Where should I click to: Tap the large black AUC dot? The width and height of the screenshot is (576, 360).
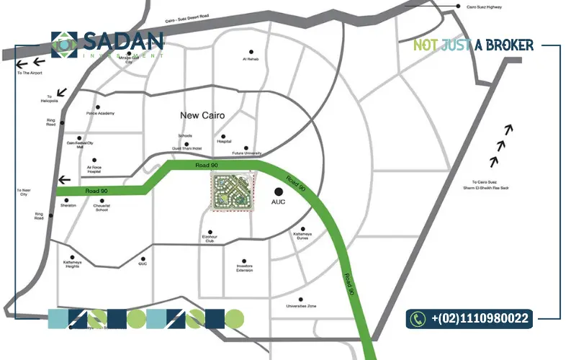(x=279, y=192)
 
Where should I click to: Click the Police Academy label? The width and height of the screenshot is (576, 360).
(x=100, y=113)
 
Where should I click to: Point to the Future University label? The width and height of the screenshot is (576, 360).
(x=247, y=153)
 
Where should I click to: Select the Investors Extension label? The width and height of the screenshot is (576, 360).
(x=245, y=269)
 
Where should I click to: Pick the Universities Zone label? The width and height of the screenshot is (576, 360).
(x=302, y=306)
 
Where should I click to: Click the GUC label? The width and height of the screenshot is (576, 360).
(x=143, y=264)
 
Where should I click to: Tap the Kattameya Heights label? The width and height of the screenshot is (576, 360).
(x=76, y=264)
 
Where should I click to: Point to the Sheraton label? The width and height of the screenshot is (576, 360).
(x=68, y=205)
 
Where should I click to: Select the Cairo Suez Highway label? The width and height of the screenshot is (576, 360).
(x=484, y=6)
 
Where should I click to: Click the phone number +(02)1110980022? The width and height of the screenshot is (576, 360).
(x=480, y=318)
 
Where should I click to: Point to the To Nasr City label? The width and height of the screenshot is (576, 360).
(x=23, y=192)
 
